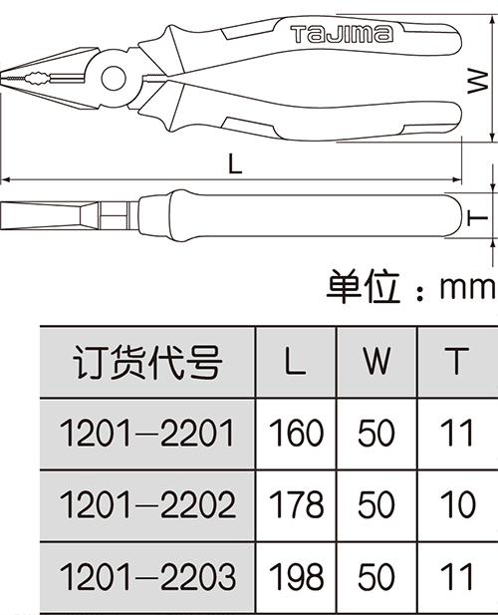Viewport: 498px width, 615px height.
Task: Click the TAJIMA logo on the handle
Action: click(342, 34)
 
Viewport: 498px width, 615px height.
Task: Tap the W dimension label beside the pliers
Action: click(478, 81)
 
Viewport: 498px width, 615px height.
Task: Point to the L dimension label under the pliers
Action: click(235, 163)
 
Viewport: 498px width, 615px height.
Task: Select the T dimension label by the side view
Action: click(477, 217)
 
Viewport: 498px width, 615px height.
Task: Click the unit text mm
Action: click(468, 287)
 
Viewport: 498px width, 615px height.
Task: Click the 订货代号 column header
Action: click(147, 362)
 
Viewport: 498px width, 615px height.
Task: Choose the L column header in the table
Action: click(295, 361)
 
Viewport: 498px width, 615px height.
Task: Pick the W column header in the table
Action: click(376, 361)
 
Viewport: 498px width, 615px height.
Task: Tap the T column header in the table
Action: click(457, 361)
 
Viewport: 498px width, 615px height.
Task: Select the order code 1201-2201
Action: click(146, 433)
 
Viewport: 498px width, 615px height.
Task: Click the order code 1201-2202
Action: click(147, 504)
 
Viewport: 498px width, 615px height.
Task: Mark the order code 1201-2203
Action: click(147, 576)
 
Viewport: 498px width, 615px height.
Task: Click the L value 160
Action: click(296, 433)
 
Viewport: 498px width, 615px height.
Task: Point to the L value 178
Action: click(296, 504)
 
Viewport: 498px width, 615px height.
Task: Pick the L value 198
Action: click(296, 576)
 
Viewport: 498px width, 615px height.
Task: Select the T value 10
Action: click(457, 504)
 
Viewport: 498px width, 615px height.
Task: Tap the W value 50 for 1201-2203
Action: click(376, 576)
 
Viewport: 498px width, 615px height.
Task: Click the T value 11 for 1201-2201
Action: click(457, 433)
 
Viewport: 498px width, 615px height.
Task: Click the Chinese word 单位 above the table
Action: click(364, 286)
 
